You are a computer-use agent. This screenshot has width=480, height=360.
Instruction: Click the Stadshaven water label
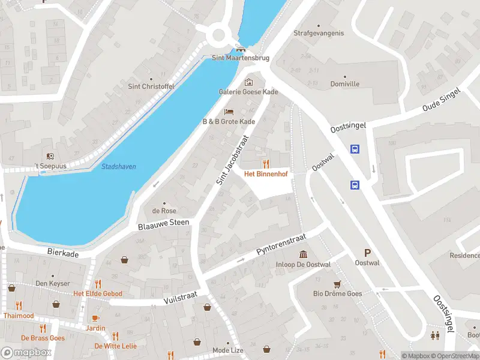point(118,166)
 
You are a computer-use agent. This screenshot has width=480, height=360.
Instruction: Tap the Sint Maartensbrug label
point(241,58)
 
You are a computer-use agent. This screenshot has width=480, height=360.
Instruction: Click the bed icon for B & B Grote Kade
point(229,112)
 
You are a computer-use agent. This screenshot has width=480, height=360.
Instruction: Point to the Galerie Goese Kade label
point(248,92)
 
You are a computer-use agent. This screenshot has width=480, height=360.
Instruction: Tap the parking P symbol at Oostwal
point(367,253)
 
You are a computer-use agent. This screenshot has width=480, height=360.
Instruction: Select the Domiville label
point(345,84)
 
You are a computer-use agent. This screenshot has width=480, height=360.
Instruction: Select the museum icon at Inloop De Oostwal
point(304,254)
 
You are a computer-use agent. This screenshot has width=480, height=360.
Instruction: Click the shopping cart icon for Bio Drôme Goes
point(337,283)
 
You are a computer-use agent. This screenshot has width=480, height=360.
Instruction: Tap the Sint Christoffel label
point(151,86)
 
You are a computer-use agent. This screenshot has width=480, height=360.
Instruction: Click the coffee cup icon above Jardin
point(95,318)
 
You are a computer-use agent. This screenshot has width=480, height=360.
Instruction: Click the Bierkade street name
point(63,254)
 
